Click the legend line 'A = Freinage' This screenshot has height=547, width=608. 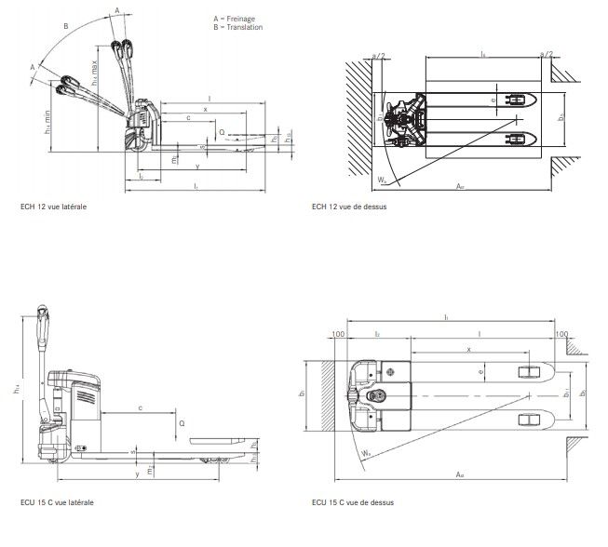tap(232, 19)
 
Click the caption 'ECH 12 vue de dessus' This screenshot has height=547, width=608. tap(349, 207)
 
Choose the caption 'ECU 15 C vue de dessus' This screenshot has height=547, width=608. tap(353, 502)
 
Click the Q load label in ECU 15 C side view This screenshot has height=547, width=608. tap(181, 421)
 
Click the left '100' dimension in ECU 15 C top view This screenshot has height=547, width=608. tap(336, 332)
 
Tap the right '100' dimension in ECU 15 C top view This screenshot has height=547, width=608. tap(561, 332)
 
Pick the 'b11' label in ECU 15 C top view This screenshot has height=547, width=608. tap(564, 396)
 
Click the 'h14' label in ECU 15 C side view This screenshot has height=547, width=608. tap(16, 391)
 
